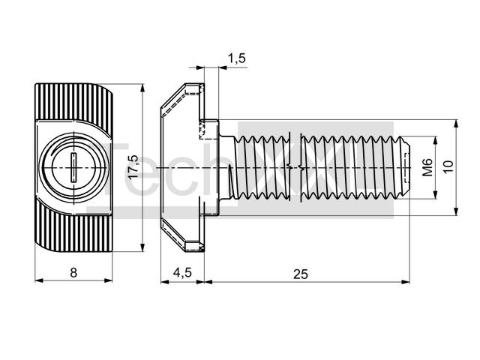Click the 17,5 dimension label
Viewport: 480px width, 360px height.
[x=133, y=167]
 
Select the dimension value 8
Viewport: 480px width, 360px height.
[x=73, y=272]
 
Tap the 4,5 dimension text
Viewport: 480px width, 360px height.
[x=182, y=272]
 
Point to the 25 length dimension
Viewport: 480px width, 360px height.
[x=300, y=274]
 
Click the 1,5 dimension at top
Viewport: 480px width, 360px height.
[x=237, y=58]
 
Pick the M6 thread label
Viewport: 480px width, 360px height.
[x=427, y=167]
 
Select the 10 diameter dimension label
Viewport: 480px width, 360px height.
[x=448, y=167]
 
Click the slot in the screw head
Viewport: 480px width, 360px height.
[x=73, y=168]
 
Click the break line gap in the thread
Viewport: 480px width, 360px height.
[x=295, y=167]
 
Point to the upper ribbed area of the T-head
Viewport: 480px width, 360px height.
[x=73, y=101]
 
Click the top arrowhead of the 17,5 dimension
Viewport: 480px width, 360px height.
[x=142, y=88]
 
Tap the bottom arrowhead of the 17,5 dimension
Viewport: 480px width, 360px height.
[x=142, y=247]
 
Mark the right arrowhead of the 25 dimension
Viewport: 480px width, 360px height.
[x=405, y=282]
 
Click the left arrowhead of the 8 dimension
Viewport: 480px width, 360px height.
[x=39, y=280]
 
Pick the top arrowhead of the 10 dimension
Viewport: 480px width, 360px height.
[x=456, y=124]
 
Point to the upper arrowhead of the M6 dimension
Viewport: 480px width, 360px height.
[x=435, y=140]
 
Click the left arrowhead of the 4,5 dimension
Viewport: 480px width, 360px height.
[x=165, y=282]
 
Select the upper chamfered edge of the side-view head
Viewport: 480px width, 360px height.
[x=173, y=95]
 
